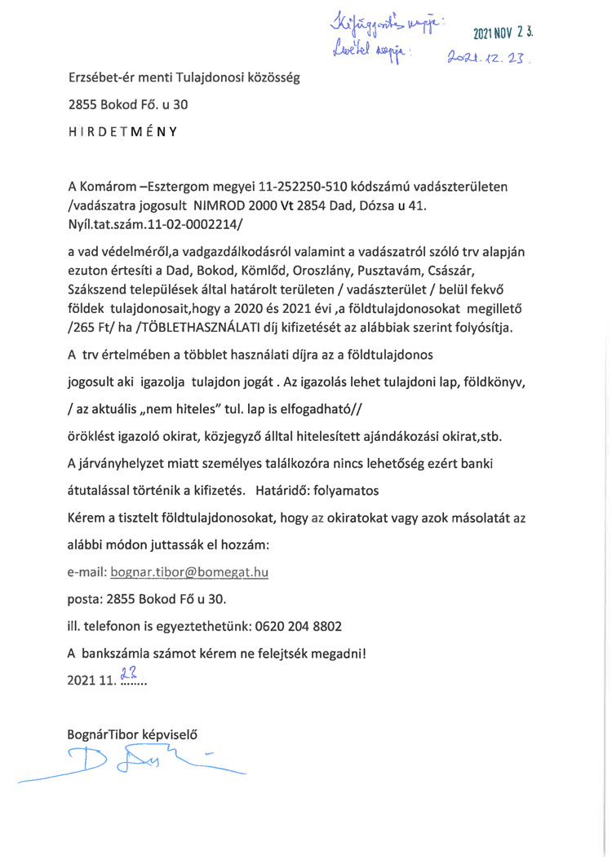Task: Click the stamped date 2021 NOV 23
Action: (x=502, y=35)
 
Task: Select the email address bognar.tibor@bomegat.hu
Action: (x=195, y=573)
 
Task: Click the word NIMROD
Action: (x=223, y=204)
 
